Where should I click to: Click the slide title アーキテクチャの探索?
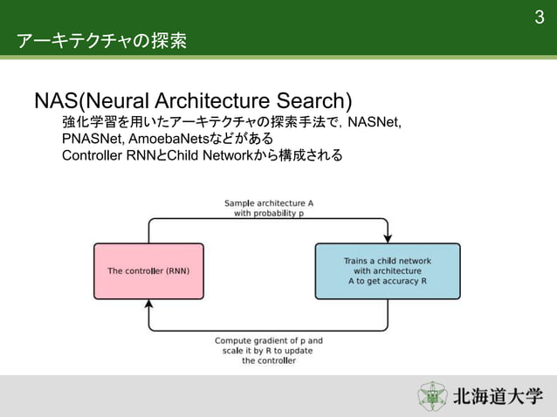click(x=101, y=41)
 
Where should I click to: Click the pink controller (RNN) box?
click(x=148, y=271)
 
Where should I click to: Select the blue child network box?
click(x=387, y=271)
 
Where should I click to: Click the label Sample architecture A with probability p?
click(x=268, y=208)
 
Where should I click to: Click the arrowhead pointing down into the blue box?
click(x=388, y=236)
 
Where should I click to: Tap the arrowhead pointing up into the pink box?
click(x=148, y=305)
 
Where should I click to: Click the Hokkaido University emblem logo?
click(x=432, y=396)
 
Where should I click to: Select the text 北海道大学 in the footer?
click(x=497, y=397)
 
